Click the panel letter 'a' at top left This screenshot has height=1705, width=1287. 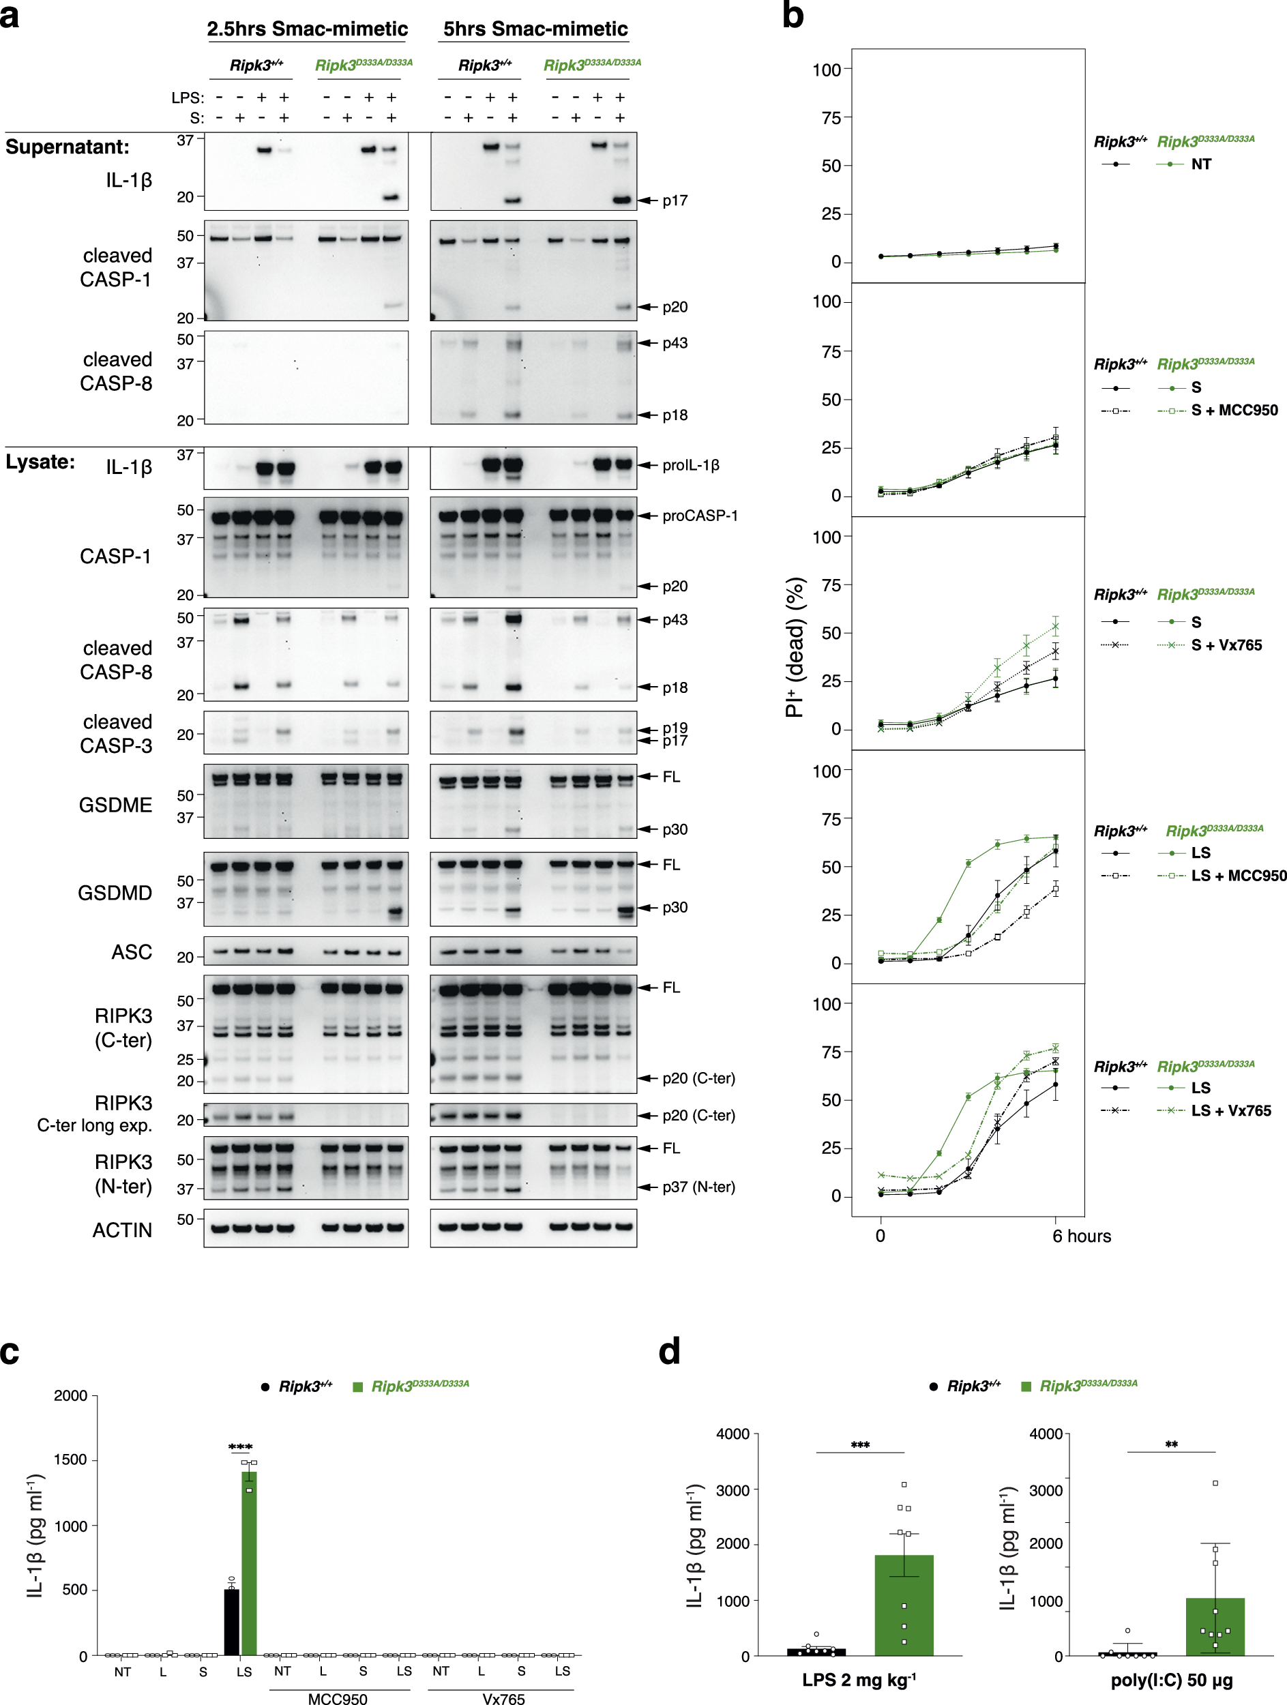(10, 16)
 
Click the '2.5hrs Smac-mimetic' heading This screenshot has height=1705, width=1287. (307, 29)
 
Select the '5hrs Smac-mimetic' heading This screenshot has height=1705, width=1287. (535, 29)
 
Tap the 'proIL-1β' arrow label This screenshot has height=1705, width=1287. (690, 466)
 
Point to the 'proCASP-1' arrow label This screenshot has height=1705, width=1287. (700, 516)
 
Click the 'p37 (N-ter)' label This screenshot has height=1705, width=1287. (698, 1187)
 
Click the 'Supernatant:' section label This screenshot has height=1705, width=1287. (67, 147)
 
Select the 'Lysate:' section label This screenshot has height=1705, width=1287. (40, 462)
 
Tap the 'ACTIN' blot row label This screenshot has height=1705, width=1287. (122, 1230)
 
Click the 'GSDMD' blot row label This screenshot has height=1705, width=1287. (115, 893)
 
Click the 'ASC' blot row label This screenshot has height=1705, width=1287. (132, 952)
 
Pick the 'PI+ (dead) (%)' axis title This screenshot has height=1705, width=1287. (795, 647)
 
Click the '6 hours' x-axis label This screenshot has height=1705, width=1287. (1081, 1236)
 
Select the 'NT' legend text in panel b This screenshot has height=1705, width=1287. (1200, 164)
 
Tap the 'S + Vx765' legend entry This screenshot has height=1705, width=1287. (1226, 645)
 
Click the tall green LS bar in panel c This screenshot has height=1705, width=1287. (249, 1565)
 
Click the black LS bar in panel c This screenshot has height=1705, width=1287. (231, 1622)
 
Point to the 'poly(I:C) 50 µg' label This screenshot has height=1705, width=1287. (1172, 1681)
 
